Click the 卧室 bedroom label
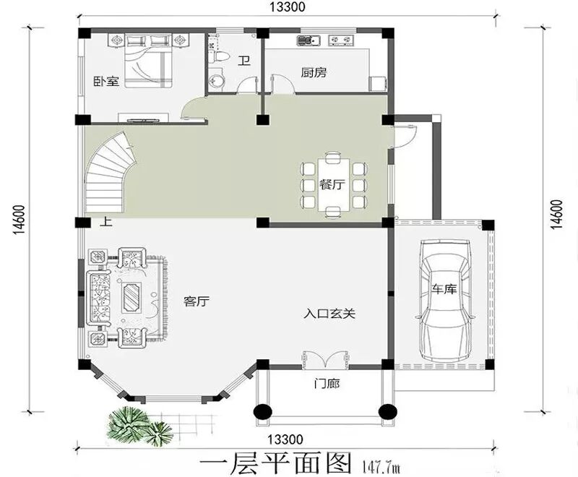coord(106,81)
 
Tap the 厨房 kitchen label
coord(314,72)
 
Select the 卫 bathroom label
coord(244,61)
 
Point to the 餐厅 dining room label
coord(332,184)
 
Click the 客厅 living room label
coord(197,301)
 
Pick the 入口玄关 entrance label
coord(329,314)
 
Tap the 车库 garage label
coord(444,288)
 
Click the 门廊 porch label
coord(327,384)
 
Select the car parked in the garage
coord(446,301)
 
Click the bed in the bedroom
coord(149,61)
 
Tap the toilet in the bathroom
coord(218,57)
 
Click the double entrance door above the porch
coord(326,358)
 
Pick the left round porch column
coord(262,411)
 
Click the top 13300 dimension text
coord(287,7)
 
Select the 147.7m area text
coord(381,467)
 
